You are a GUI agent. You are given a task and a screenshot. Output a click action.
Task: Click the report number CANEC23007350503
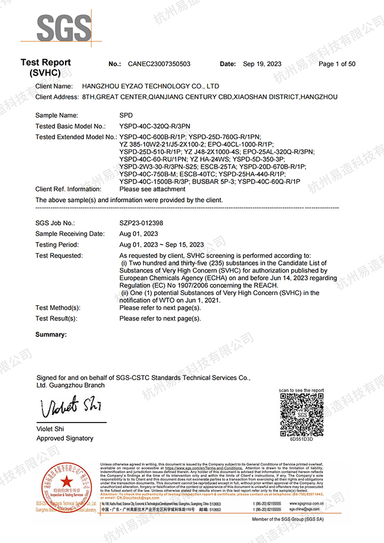tap(159, 64)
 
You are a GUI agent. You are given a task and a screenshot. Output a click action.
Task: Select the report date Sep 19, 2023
tap(262, 64)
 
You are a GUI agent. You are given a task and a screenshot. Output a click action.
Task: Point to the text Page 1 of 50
tap(337, 64)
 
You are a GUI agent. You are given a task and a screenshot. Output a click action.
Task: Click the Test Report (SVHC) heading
tap(45, 68)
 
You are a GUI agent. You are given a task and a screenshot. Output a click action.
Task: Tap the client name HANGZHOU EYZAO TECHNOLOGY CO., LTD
tap(151, 86)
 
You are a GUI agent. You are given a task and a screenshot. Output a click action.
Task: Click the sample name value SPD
tap(126, 115)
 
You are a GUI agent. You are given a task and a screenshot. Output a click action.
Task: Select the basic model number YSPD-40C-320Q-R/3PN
tap(155, 126)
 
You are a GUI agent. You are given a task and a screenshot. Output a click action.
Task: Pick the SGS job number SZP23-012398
tap(141, 223)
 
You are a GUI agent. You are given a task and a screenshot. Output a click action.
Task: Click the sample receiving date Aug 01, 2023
tap(140, 234)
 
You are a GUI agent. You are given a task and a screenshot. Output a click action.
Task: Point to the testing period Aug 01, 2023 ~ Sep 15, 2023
tap(161, 244)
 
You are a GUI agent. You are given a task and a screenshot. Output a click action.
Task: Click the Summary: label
tap(51, 335)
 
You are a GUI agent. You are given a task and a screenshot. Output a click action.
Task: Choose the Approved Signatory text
tap(65, 439)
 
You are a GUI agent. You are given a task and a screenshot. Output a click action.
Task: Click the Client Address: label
tap(57, 97)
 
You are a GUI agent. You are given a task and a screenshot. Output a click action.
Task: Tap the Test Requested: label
tap(59, 256)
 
